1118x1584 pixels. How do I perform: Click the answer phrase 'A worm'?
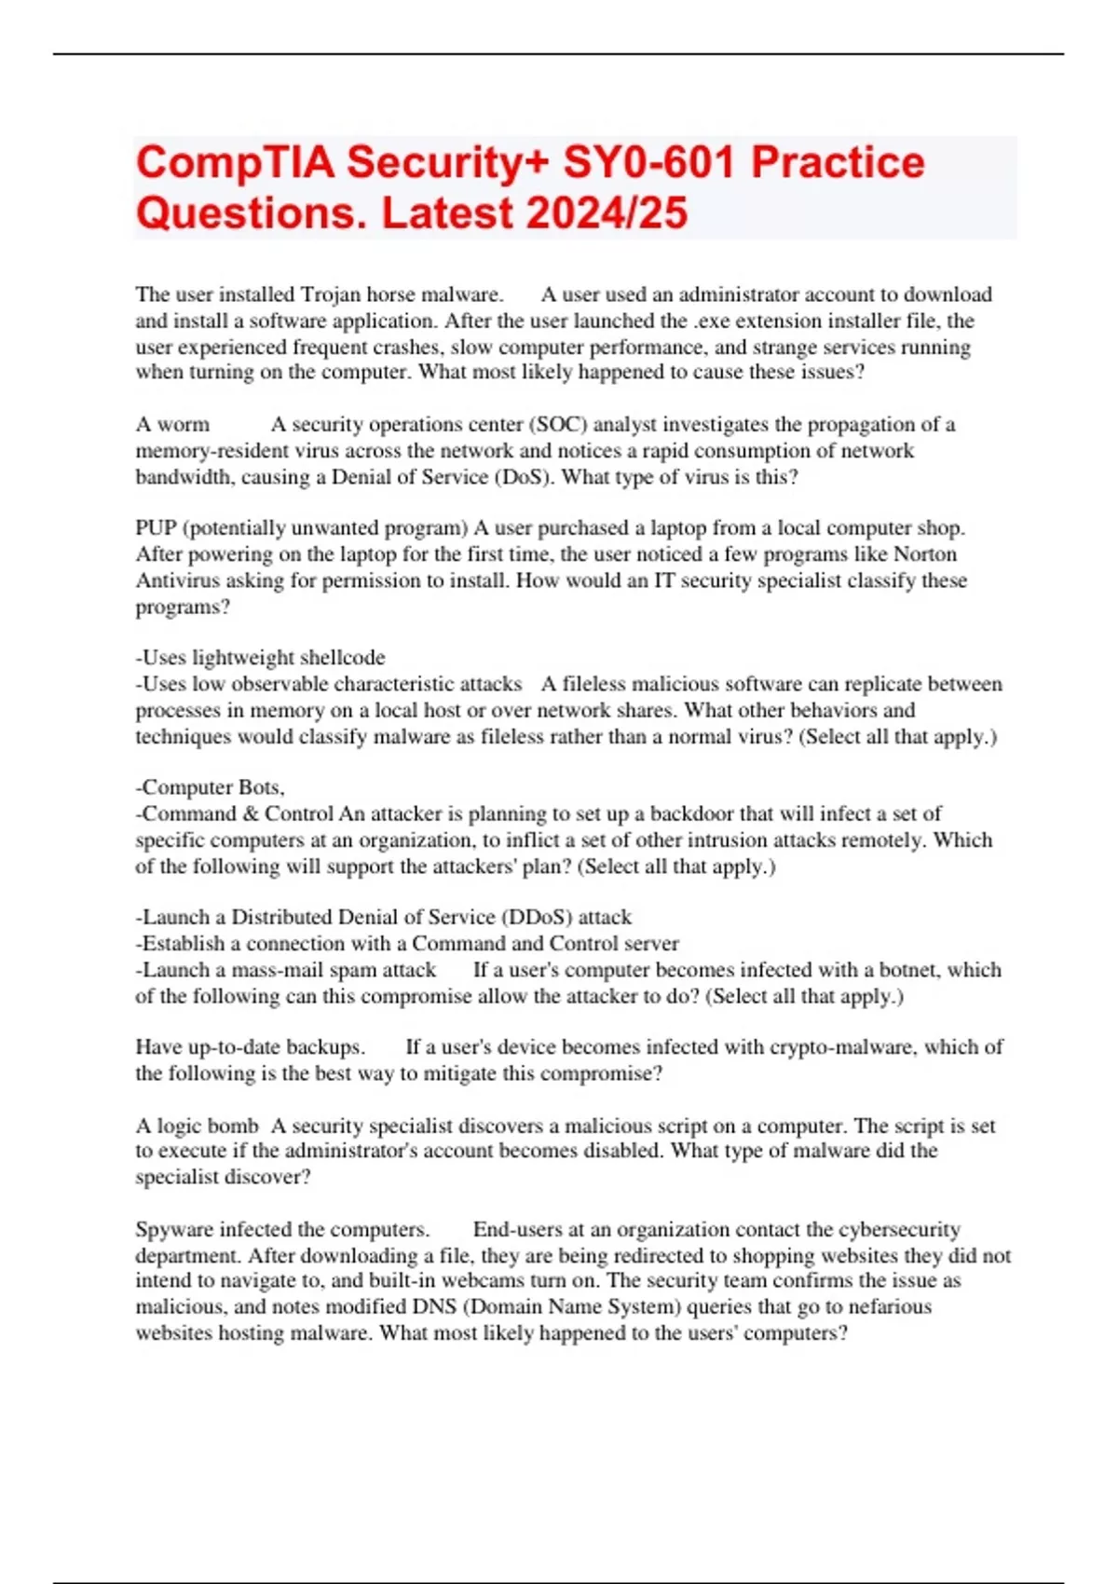172,425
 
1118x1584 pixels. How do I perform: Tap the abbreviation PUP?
156,528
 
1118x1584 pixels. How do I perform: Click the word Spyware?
174,1229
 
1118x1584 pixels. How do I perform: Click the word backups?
322,1047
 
